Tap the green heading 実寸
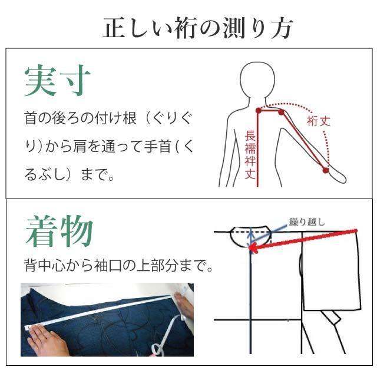58,81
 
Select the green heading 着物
59,233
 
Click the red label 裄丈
319,121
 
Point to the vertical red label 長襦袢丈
250,155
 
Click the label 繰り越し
306,222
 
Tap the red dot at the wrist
325,170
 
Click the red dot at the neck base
258,110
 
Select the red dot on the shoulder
281,112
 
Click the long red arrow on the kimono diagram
306,239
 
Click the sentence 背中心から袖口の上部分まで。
118,266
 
